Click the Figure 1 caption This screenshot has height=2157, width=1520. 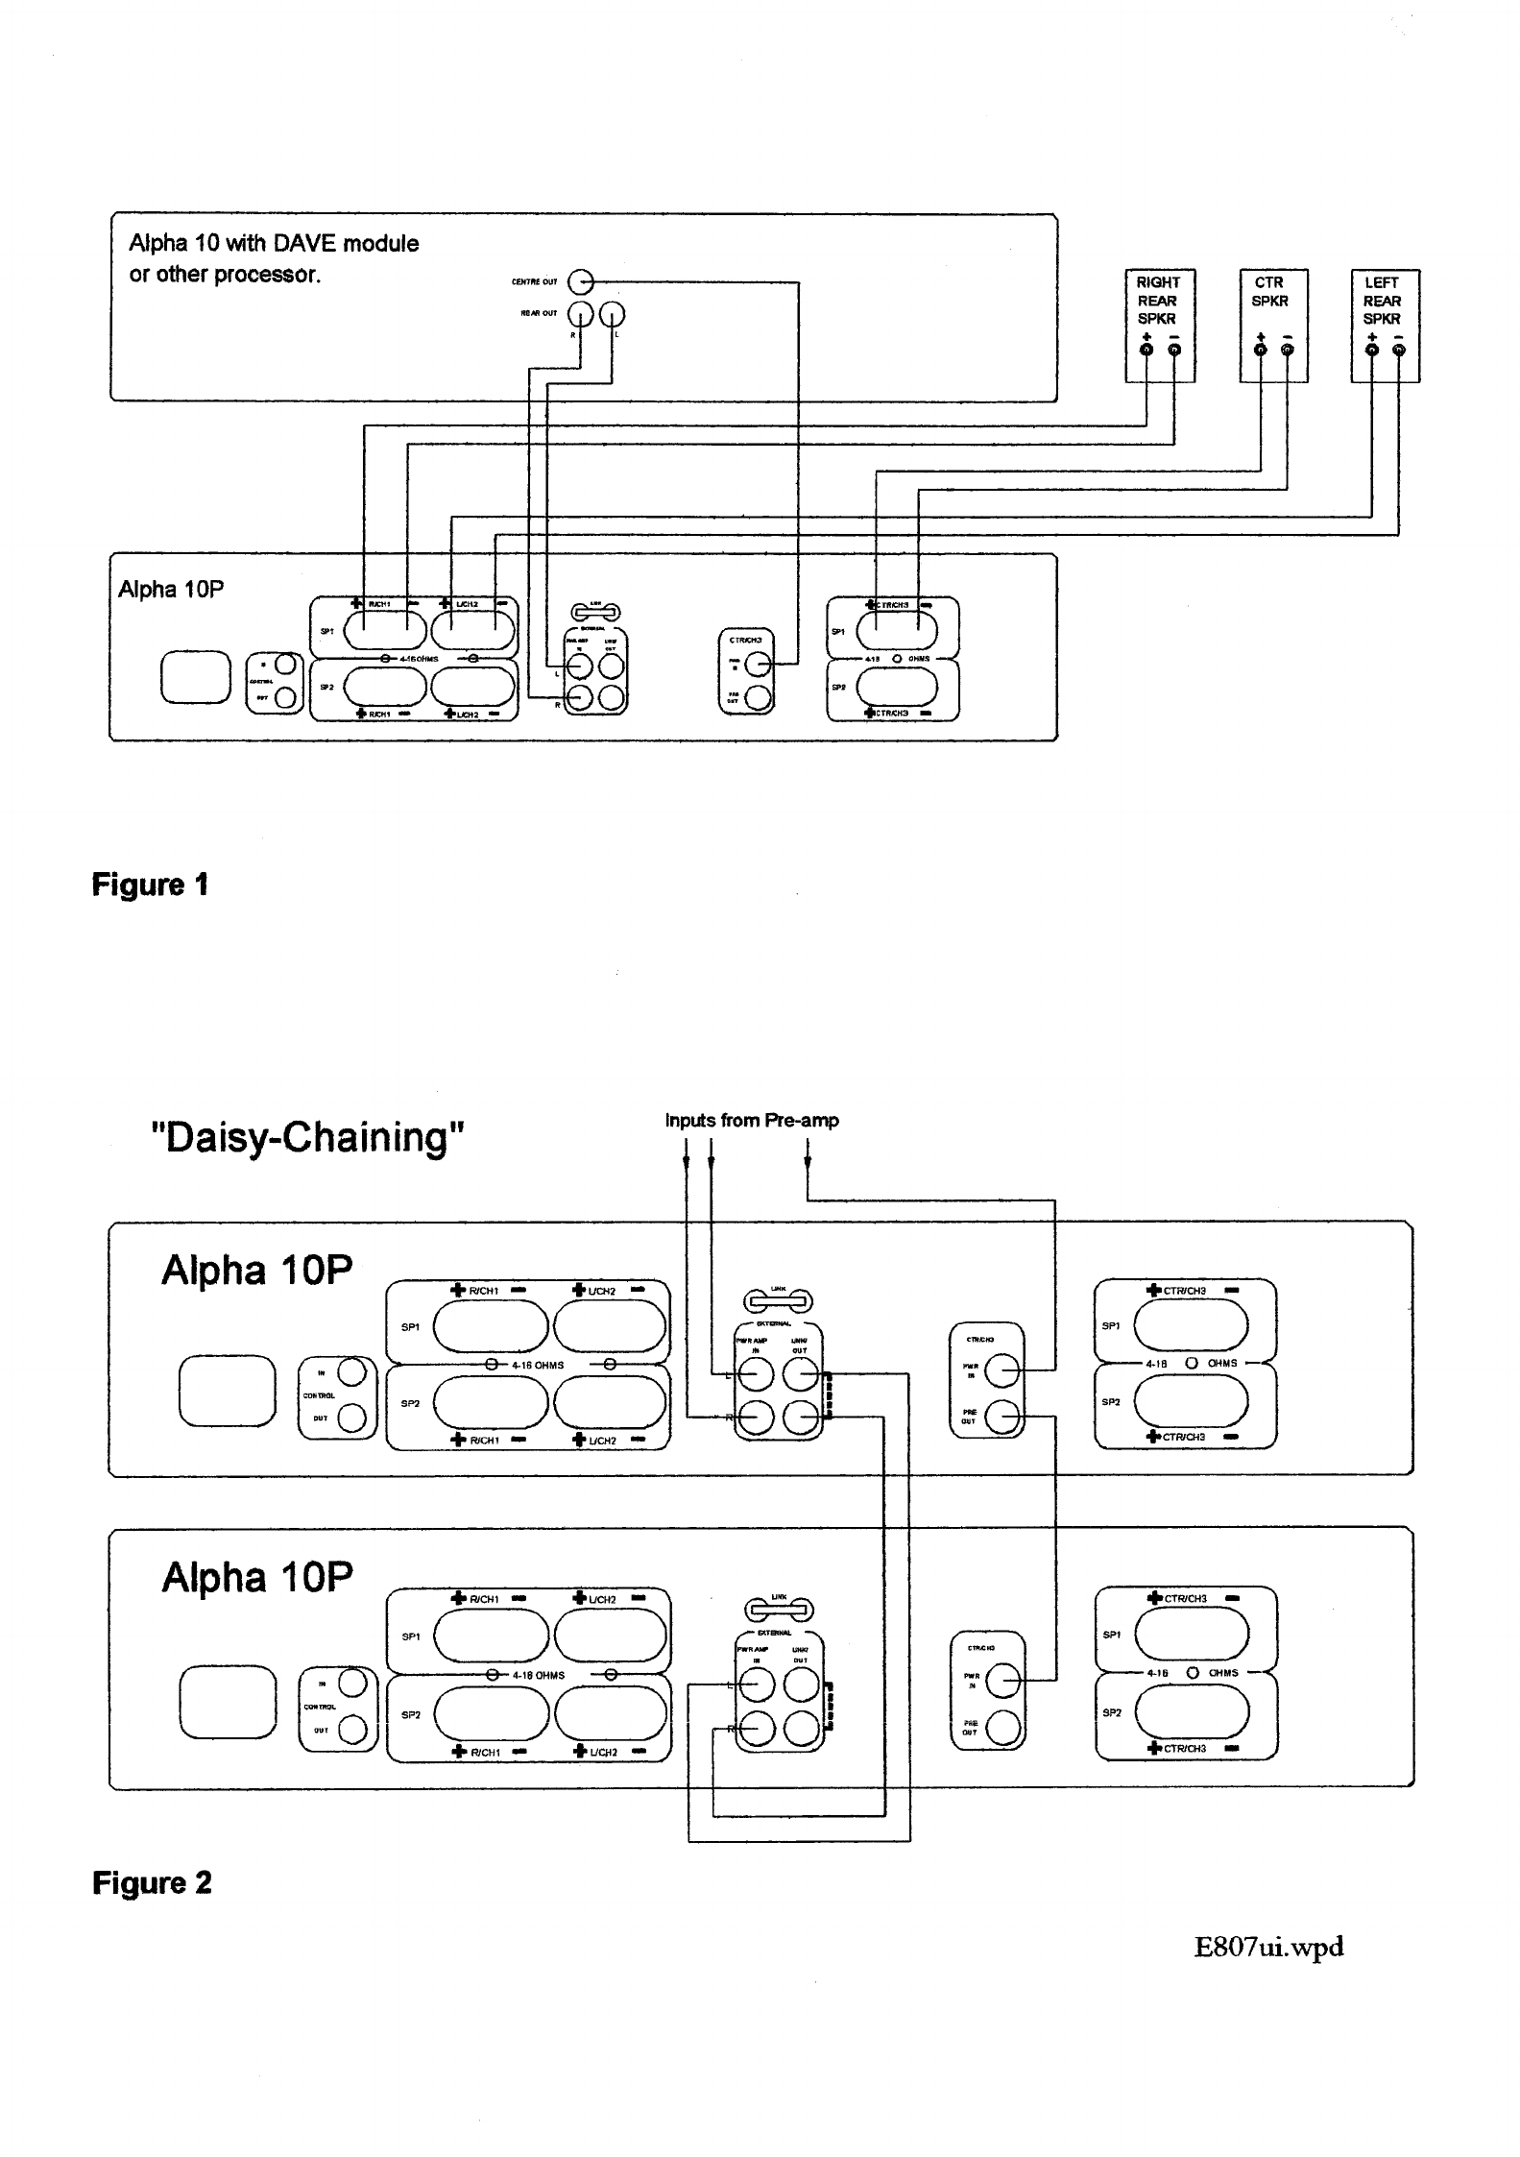(x=150, y=885)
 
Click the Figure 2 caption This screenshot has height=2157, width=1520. (x=152, y=1883)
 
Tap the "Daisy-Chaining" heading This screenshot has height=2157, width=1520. (x=308, y=1138)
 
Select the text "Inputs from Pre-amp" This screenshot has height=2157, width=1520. (x=752, y=1120)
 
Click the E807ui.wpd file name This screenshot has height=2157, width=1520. (x=1268, y=1947)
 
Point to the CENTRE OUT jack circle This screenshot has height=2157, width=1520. (x=581, y=282)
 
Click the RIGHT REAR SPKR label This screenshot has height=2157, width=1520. (x=1158, y=300)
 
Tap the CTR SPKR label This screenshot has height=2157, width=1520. (x=1269, y=291)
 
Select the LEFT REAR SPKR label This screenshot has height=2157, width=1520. (x=1382, y=300)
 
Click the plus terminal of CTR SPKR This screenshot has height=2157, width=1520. (x=1261, y=350)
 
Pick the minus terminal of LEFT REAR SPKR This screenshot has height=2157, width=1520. (x=1398, y=350)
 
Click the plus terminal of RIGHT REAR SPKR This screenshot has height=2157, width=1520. (x=1146, y=350)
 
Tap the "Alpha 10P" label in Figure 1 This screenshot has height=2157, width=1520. (x=171, y=590)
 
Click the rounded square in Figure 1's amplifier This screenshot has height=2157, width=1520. (x=196, y=677)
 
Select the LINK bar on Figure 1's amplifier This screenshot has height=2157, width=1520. (x=595, y=612)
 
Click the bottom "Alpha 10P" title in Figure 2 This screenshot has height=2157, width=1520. (x=256, y=1578)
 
